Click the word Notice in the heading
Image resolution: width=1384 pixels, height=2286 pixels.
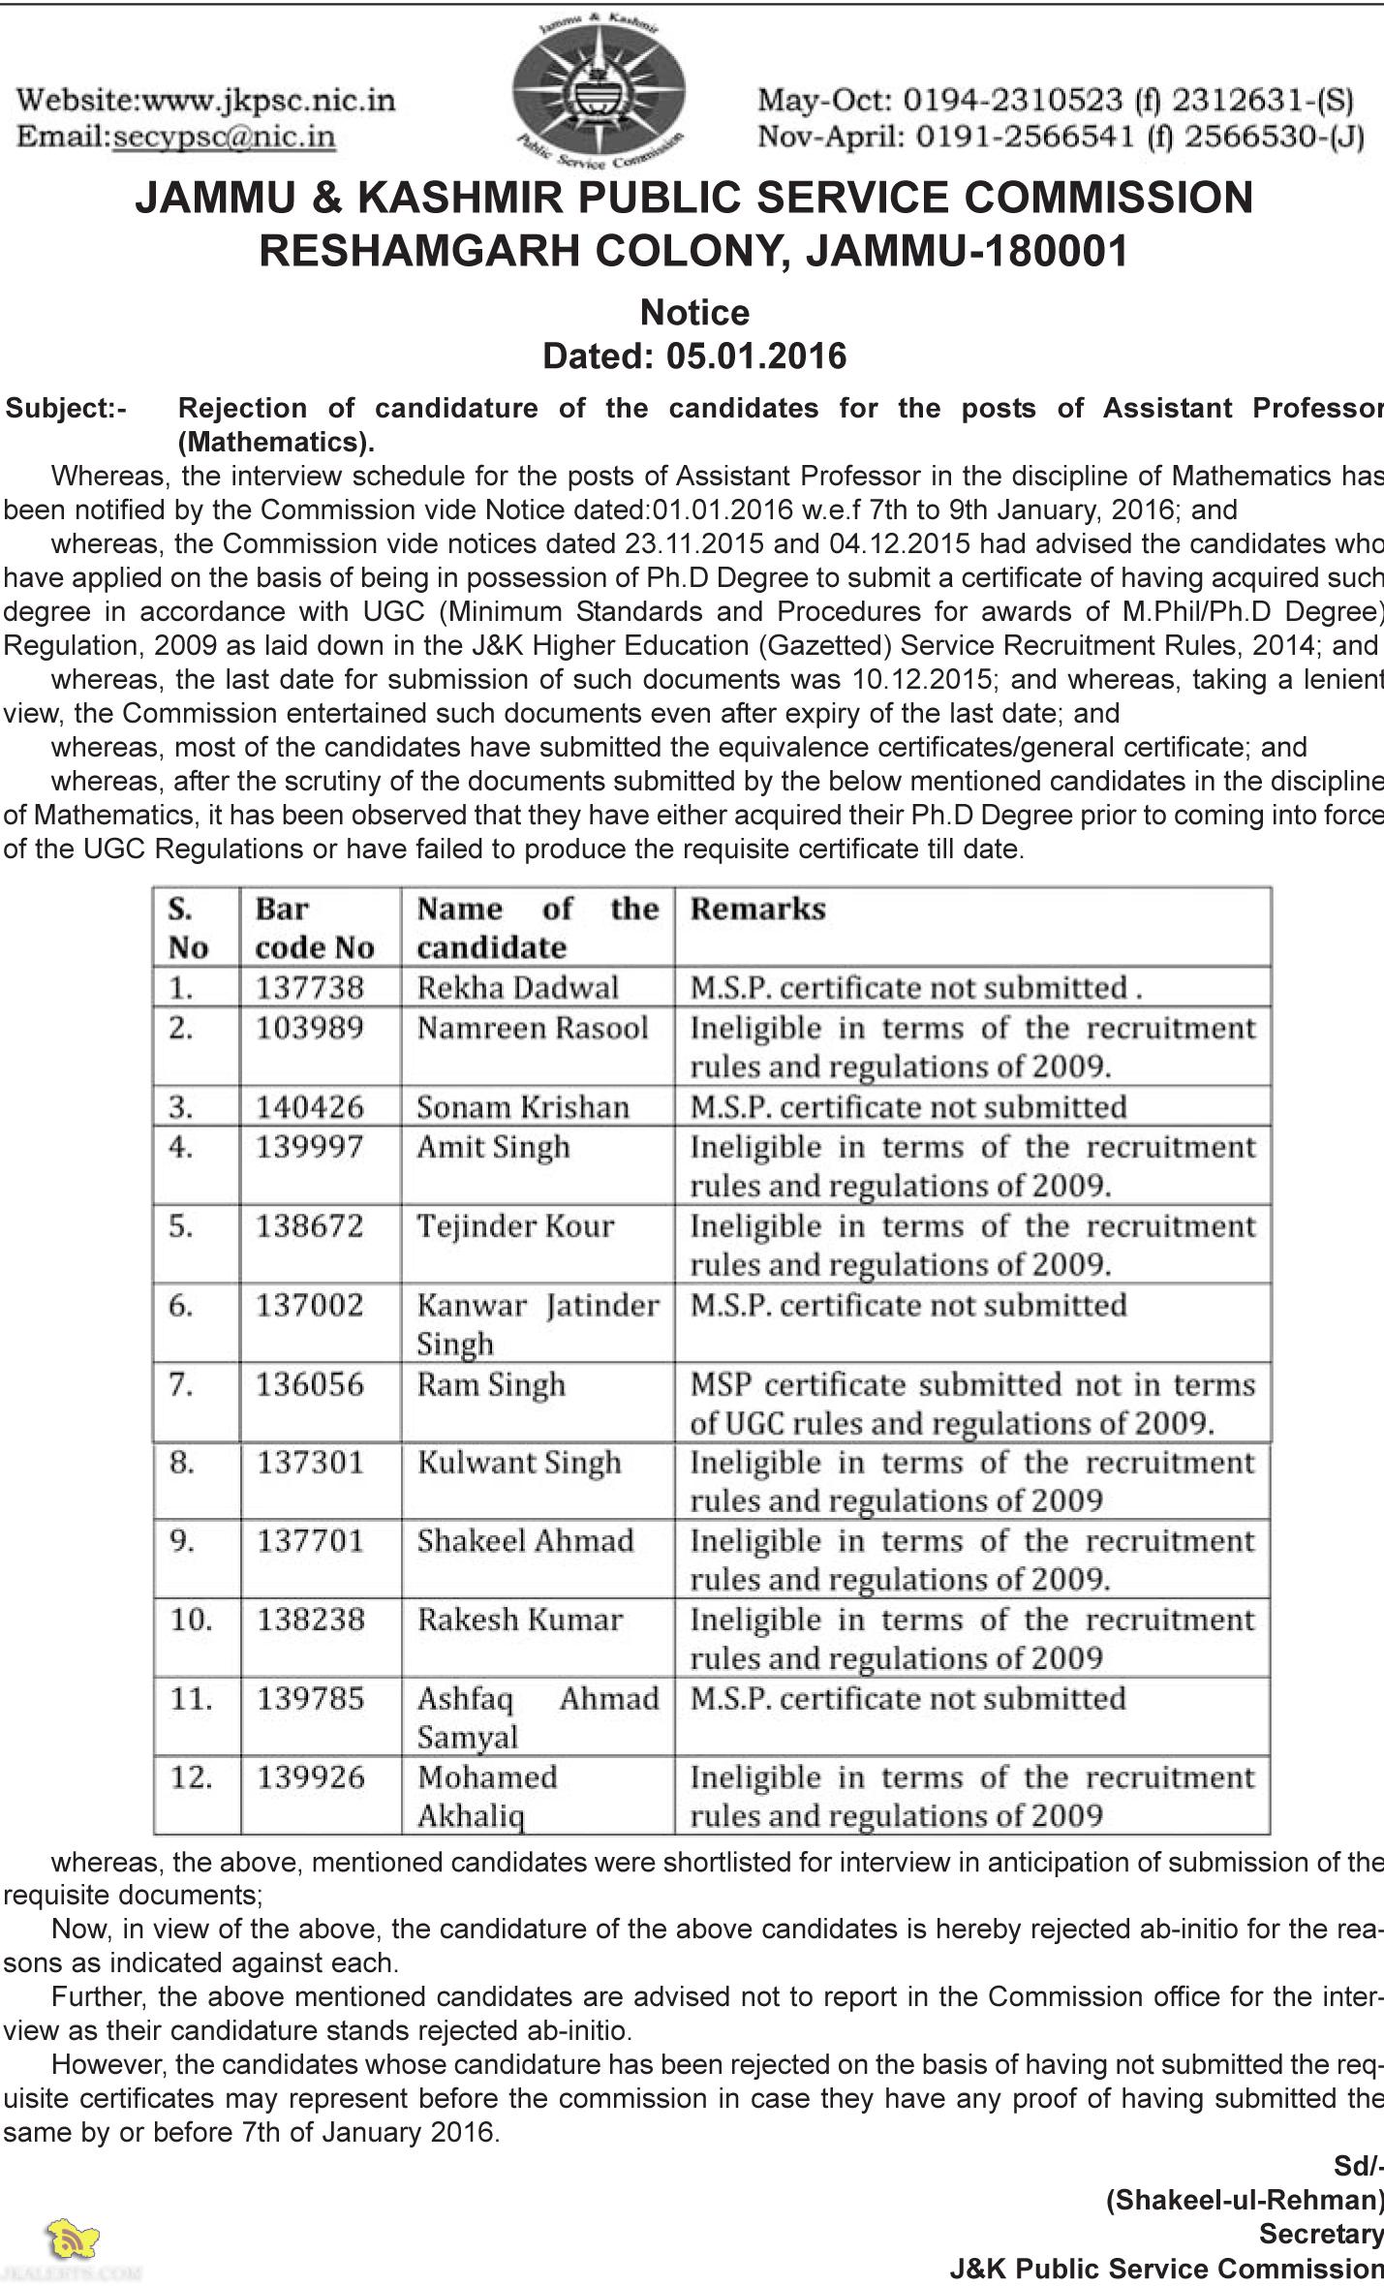click(694, 313)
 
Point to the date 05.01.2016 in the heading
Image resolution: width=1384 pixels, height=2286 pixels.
click(755, 356)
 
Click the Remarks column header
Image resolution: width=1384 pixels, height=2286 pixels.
click(757, 909)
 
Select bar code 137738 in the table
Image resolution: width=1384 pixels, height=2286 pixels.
click(310, 987)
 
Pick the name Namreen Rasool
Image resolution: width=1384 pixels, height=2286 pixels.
click(533, 1027)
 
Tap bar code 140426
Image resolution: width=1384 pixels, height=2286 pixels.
click(310, 1106)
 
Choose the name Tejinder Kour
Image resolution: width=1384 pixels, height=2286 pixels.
click(515, 1225)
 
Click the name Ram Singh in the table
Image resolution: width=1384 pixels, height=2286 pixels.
click(491, 1384)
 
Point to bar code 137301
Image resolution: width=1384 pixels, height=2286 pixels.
click(310, 1462)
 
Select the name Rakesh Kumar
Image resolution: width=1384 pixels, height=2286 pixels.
click(520, 1620)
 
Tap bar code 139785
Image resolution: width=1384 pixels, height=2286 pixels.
click(310, 1698)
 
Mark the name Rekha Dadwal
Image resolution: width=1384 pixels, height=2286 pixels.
click(517, 987)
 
